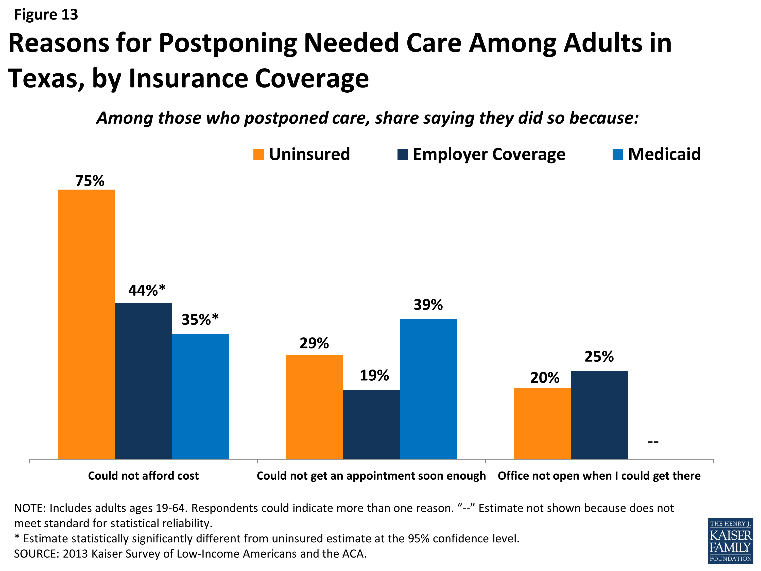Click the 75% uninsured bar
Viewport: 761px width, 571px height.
[86, 324]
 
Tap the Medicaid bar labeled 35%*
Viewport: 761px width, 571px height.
[200, 396]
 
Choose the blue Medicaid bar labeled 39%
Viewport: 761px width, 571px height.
[428, 389]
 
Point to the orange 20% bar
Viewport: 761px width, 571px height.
[542, 423]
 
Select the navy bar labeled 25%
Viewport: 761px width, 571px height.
[599, 415]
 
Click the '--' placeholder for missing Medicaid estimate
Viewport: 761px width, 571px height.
[653, 442]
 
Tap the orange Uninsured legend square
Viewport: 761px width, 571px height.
[258, 155]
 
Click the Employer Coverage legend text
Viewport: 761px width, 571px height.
[489, 154]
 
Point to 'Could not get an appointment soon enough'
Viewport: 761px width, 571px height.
[371, 476]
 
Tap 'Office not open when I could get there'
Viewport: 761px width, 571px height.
[599, 476]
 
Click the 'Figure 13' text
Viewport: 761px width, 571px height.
[46, 14]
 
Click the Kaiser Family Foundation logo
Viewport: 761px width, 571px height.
[730, 540]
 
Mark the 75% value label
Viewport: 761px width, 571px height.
[90, 181]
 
